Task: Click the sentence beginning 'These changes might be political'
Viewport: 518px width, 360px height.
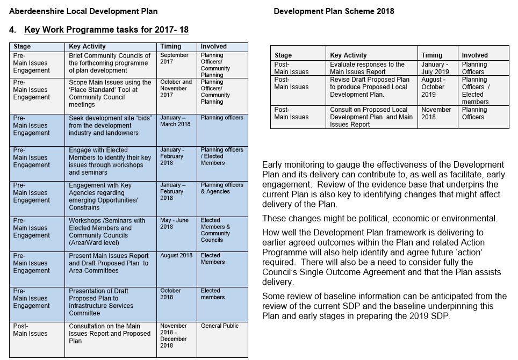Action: pos(379,219)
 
